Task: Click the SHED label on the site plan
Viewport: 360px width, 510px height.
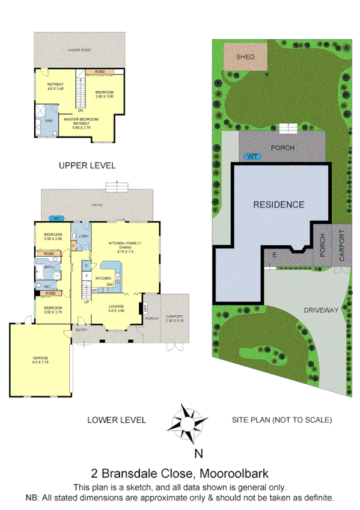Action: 245,57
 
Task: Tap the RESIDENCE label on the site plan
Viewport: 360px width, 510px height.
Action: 278,204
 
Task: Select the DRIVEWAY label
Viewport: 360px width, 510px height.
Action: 321,310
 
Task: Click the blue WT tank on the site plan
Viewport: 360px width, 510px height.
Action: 252,156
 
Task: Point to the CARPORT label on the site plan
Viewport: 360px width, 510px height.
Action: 343,246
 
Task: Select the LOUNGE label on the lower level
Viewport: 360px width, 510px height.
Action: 116,309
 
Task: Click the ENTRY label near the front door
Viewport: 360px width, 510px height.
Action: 81,330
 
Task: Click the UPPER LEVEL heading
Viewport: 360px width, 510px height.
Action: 87,165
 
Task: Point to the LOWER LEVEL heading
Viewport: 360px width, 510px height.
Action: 116,420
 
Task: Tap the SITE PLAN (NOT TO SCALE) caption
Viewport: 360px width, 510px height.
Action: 281,420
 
